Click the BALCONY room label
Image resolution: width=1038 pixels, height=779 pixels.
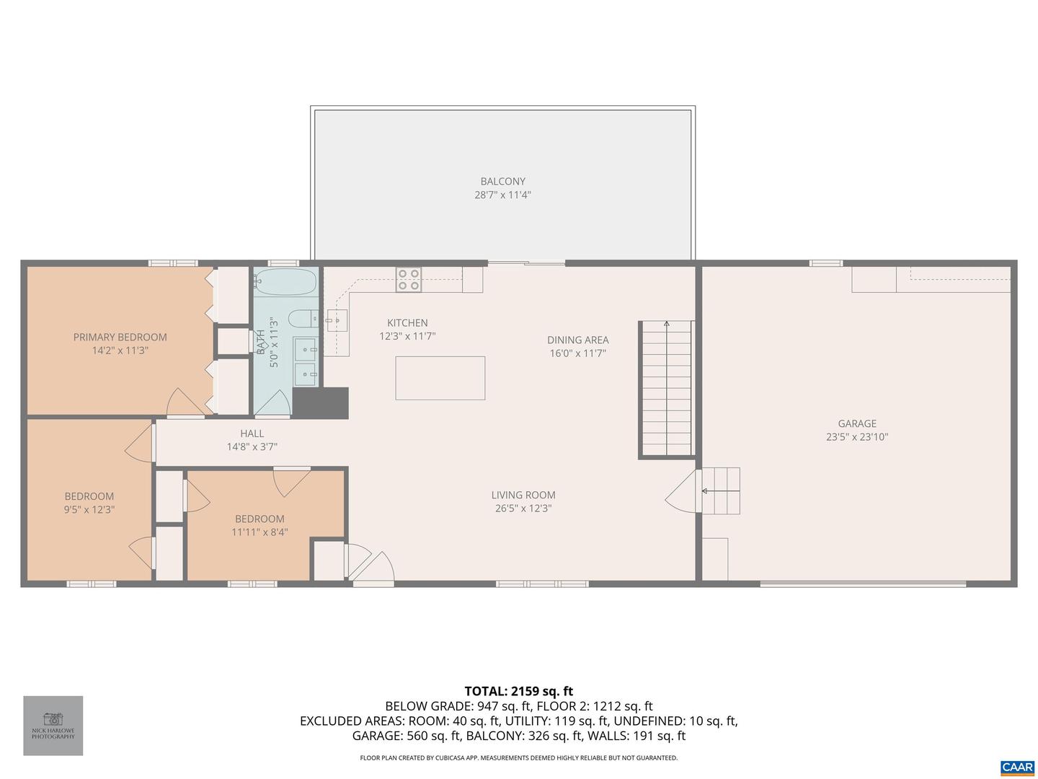(502, 182)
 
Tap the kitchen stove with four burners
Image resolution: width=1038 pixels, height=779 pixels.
(409, 280)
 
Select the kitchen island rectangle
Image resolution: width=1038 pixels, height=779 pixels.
(440, 378)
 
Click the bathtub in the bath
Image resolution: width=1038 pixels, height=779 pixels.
(285, 281)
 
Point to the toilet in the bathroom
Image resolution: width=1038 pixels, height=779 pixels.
(303, 318)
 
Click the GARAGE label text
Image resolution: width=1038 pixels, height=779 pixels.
(857, 423)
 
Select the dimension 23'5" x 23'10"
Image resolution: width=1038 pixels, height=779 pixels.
(857, 437)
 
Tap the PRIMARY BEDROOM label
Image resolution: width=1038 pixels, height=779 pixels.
(120, 337)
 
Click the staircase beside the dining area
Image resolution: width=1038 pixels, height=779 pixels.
(667, 389)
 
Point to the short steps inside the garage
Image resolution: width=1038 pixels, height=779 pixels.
(721, 490)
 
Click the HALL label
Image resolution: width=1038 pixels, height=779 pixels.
(252, 433)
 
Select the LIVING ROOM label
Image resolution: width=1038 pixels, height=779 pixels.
(523, 495)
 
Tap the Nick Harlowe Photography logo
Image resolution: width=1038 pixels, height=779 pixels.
(53, 725)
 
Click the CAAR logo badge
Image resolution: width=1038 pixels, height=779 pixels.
(1017, 767)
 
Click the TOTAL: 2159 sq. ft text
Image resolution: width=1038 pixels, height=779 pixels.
(519, 691)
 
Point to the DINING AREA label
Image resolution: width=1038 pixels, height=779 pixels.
(577, 340)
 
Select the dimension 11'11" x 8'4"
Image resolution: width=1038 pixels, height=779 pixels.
(259, 532)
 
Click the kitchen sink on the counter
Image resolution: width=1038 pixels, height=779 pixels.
(337, 320)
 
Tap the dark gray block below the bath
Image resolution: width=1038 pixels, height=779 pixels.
(321, 402)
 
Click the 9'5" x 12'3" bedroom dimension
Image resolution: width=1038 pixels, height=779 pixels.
(89, 510)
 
